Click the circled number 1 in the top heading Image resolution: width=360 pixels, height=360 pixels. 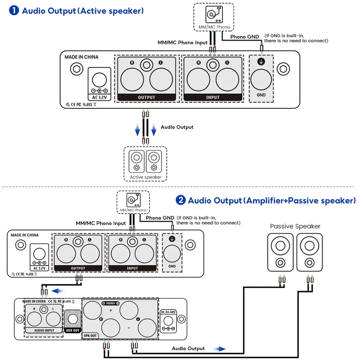14,10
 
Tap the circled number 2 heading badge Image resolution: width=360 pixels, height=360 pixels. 181,200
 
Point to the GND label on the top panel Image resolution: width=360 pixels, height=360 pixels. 261,95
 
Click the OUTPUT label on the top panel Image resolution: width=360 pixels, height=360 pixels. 146,97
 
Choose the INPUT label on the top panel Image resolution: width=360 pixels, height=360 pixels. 213,97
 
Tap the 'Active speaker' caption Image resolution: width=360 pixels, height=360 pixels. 145,177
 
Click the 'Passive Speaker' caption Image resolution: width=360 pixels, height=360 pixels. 295,226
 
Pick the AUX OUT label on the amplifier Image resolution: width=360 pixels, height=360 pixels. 73,330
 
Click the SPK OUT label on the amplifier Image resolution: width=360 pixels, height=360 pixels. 90,336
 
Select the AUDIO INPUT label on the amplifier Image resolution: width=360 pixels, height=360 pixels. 44,330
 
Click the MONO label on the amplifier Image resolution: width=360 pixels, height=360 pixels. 111,303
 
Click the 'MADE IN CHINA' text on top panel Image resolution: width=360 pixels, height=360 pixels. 81,57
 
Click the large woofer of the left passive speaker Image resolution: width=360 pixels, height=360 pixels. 280,246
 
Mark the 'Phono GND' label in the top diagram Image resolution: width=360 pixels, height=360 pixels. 244,37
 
